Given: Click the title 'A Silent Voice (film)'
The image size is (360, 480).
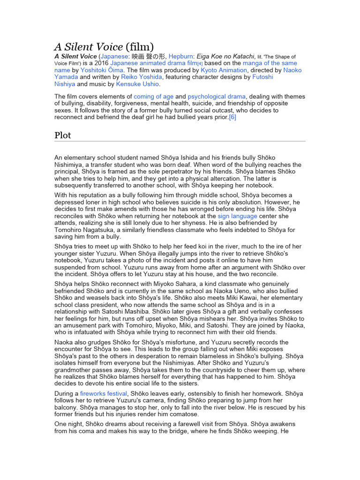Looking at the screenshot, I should (x=104, y=46).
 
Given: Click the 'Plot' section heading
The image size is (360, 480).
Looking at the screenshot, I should (x=63, y=135).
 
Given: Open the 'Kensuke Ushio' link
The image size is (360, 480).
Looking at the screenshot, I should (x=138, y=84).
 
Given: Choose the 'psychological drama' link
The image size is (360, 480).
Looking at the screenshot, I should (x=217, y=96).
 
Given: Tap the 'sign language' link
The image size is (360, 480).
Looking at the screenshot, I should (x=237, y=216).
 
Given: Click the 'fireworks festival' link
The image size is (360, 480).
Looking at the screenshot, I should (x=103, y=394).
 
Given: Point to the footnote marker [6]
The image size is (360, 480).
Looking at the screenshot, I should (x=232, y=117).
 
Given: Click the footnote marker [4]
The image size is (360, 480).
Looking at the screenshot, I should (x=200, y=64).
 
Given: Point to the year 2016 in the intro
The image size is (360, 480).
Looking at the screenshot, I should (x=102, y=63).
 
